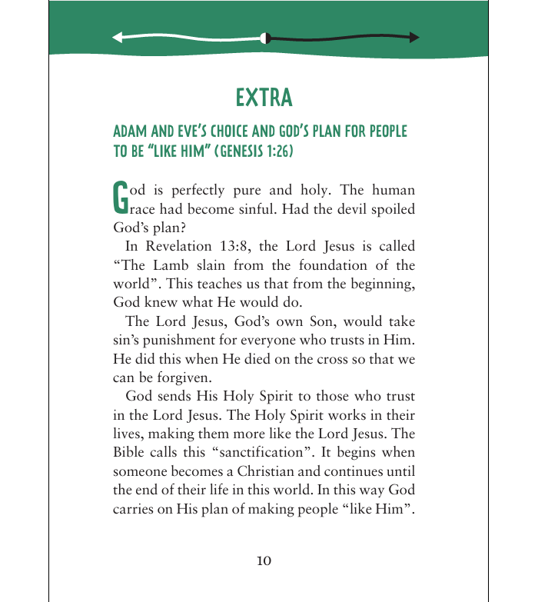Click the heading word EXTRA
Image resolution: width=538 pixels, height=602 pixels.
264,98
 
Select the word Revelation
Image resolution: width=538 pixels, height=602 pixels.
174,246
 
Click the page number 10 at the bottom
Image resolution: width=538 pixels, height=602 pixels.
264,560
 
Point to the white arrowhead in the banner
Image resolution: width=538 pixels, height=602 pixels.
118,37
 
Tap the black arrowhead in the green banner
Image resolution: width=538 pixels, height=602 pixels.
414,37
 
